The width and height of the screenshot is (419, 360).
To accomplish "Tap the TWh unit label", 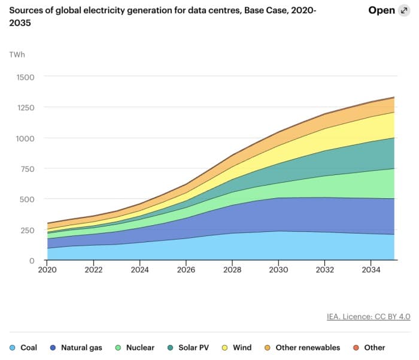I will [17, 55].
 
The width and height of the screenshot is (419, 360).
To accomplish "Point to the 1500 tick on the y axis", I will [24, 77].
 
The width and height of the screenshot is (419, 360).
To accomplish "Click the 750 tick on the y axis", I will [26, 169].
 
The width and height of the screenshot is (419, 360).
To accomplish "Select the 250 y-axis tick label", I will [26, 230].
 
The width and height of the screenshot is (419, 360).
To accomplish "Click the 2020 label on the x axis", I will [47, 270].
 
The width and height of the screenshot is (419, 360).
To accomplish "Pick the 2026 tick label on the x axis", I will [186, 270].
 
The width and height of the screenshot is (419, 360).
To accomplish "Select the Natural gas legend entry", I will [77, 347].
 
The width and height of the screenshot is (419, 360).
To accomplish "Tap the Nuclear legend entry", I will [135, 347].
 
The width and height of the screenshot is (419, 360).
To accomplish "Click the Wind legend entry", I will [238, 347].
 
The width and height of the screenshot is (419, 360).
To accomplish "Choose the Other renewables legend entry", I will [302, 347].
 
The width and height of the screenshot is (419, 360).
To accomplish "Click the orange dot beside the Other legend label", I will [355, 347].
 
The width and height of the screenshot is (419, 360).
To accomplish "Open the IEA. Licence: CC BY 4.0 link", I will [368, 317].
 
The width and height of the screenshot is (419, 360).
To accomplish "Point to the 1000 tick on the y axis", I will [24, 138].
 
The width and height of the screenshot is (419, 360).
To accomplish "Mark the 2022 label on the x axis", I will [93, 270].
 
